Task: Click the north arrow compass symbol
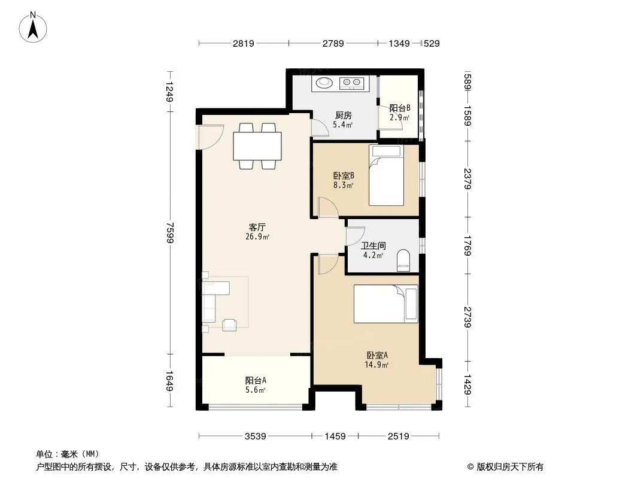click(x=33, y=28)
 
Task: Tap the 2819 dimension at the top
click(x=244, y=43)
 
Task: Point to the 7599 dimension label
click(x=170, y=232)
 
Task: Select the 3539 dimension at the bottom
click(x=255, y=436)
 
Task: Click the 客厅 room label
click(x=257, y=227)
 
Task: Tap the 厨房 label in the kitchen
click(x=343, y=116)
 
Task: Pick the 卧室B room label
click(x=344, y=176)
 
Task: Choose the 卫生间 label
click(x=373, y=246)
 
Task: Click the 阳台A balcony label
click(x=256, y=381)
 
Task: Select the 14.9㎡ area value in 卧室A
click(x=376, y=365)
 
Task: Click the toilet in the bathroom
click(x=403, y=260)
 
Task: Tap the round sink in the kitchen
click(x=324, y=83)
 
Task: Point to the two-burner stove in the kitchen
click(x=352, y=83)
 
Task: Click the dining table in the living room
click(x=257, y=145)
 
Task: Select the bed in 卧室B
click(x=386, y=175)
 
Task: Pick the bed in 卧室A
click(x=385, y=304)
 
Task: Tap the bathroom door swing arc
click(x=355, y=236)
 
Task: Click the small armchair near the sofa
click(x=229, y=325)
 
